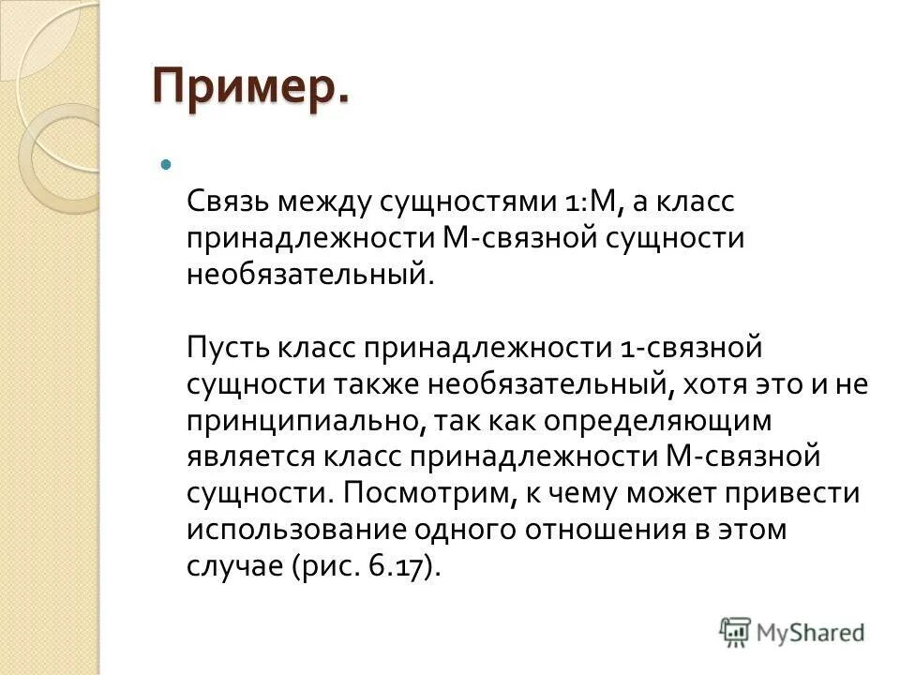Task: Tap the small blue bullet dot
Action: pos(167,165)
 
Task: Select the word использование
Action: pos(306,529)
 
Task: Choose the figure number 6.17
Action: pos(398,565)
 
